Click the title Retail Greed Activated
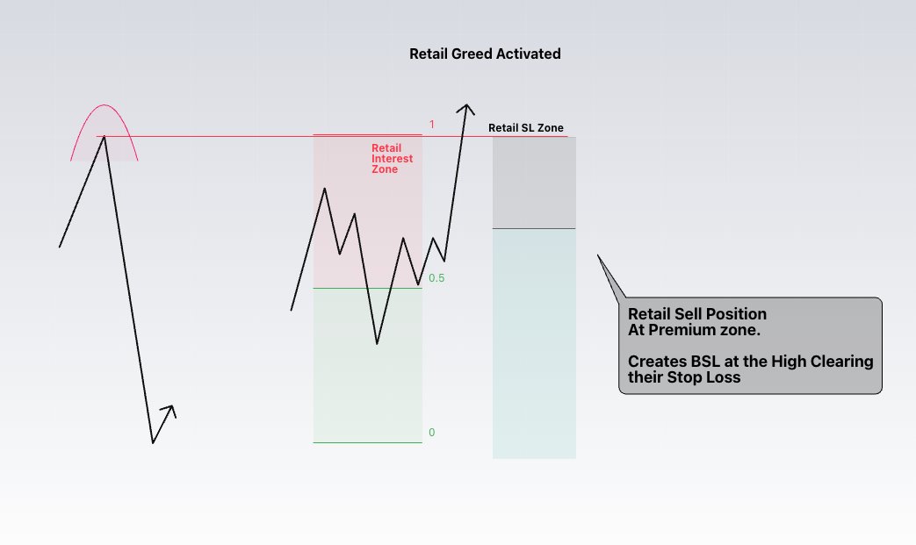(x=485, y=54)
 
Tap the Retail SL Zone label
(x=526, y=128)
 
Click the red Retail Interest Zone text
(x=392, y=159)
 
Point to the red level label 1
(x=432, y=125)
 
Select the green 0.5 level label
(x=436, y=278)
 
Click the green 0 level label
(x=431, y=433)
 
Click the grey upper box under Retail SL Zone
(x=534, y=183)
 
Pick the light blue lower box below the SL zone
(x=534, y=342)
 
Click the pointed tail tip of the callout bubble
(x=598, y=255)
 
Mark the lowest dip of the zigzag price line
(x=377, y=343)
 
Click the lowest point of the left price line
(x=153, y=442)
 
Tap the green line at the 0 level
(x=367, y=442)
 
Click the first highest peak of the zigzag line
(x=326, y=189)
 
